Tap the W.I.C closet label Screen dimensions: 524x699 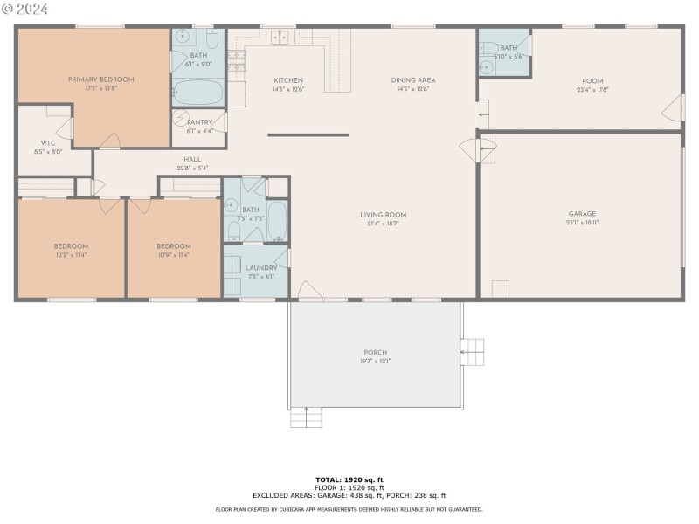(x=48, y=142)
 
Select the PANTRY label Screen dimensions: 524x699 (x=199, y=122)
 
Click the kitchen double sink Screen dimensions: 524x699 (x=280, y=37)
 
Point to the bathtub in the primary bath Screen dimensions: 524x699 (x=198, y=91)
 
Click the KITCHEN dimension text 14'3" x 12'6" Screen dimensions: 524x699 (x=288, y=89)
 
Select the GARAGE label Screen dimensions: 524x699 (x=582, y=214)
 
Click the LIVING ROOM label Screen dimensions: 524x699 (x=384, y=215)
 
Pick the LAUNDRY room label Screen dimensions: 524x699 (x=261, y=268)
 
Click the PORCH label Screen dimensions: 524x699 (x=376, y=352)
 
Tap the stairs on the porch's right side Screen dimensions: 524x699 (x=472, y=352)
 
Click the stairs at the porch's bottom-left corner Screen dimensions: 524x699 (x=306, y=418)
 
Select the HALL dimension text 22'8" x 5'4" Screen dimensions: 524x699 (x=192, y=168)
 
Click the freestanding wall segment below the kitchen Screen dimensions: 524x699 (x=308, y=134)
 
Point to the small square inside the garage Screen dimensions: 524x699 (x=501, y=289)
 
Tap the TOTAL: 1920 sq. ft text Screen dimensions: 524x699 (x=349, y=479)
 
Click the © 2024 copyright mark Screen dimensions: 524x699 (x=24, y=9)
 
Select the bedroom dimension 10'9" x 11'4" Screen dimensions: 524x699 (x=173, y=255)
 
